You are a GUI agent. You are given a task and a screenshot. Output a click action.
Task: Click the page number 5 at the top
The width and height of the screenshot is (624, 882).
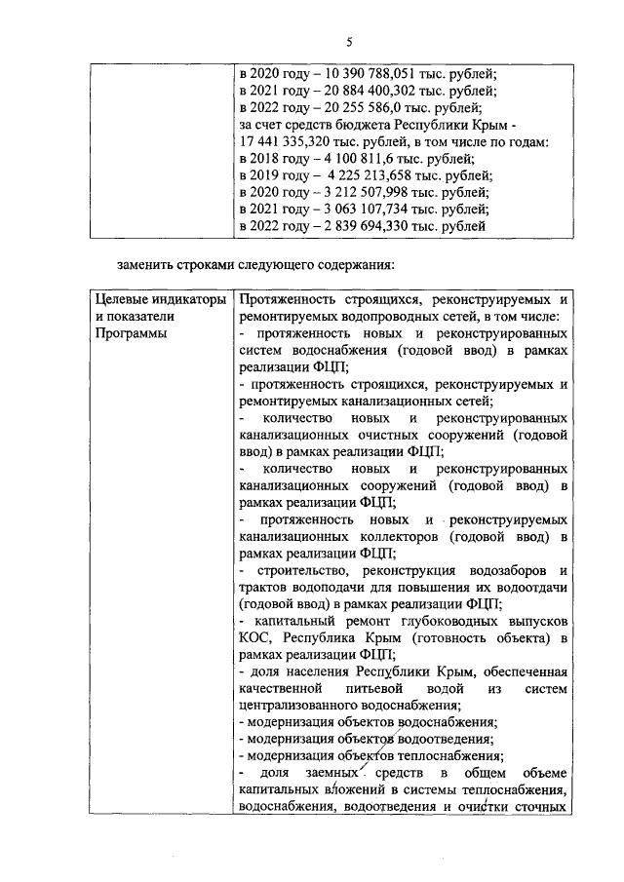(348, 40)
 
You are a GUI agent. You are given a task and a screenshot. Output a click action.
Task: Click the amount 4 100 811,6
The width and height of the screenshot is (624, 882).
(348, 160)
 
